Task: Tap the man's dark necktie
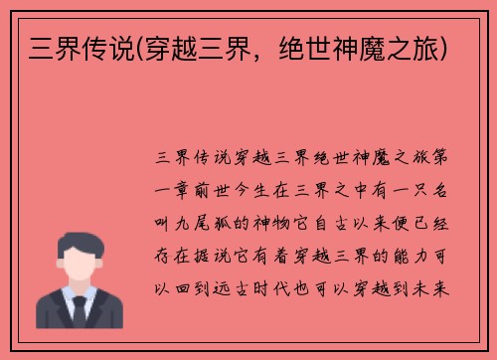(79, 314)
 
